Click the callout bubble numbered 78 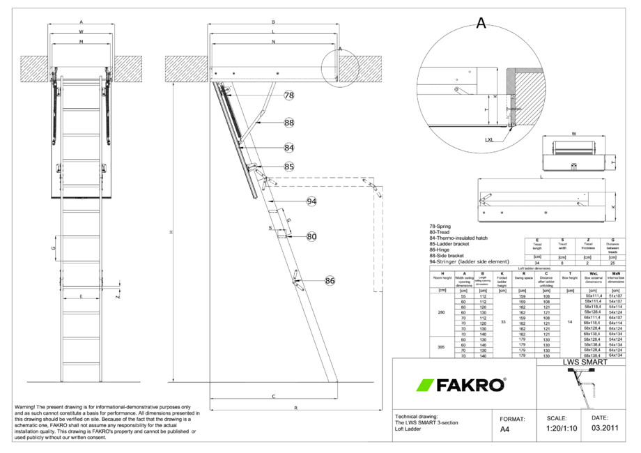[289, 95]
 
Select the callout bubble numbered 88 [289, 122]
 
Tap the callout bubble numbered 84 [289, 148]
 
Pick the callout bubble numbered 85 [289, 167]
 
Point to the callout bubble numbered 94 [311, 201]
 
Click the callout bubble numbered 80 [311, 237]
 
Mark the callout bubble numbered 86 [330, 281]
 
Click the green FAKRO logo [461, 385]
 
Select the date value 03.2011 [603, 429]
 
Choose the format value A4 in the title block [506, 430]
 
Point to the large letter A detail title [481, 23]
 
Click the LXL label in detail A [492, 139]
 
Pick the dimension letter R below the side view [296, 407]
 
